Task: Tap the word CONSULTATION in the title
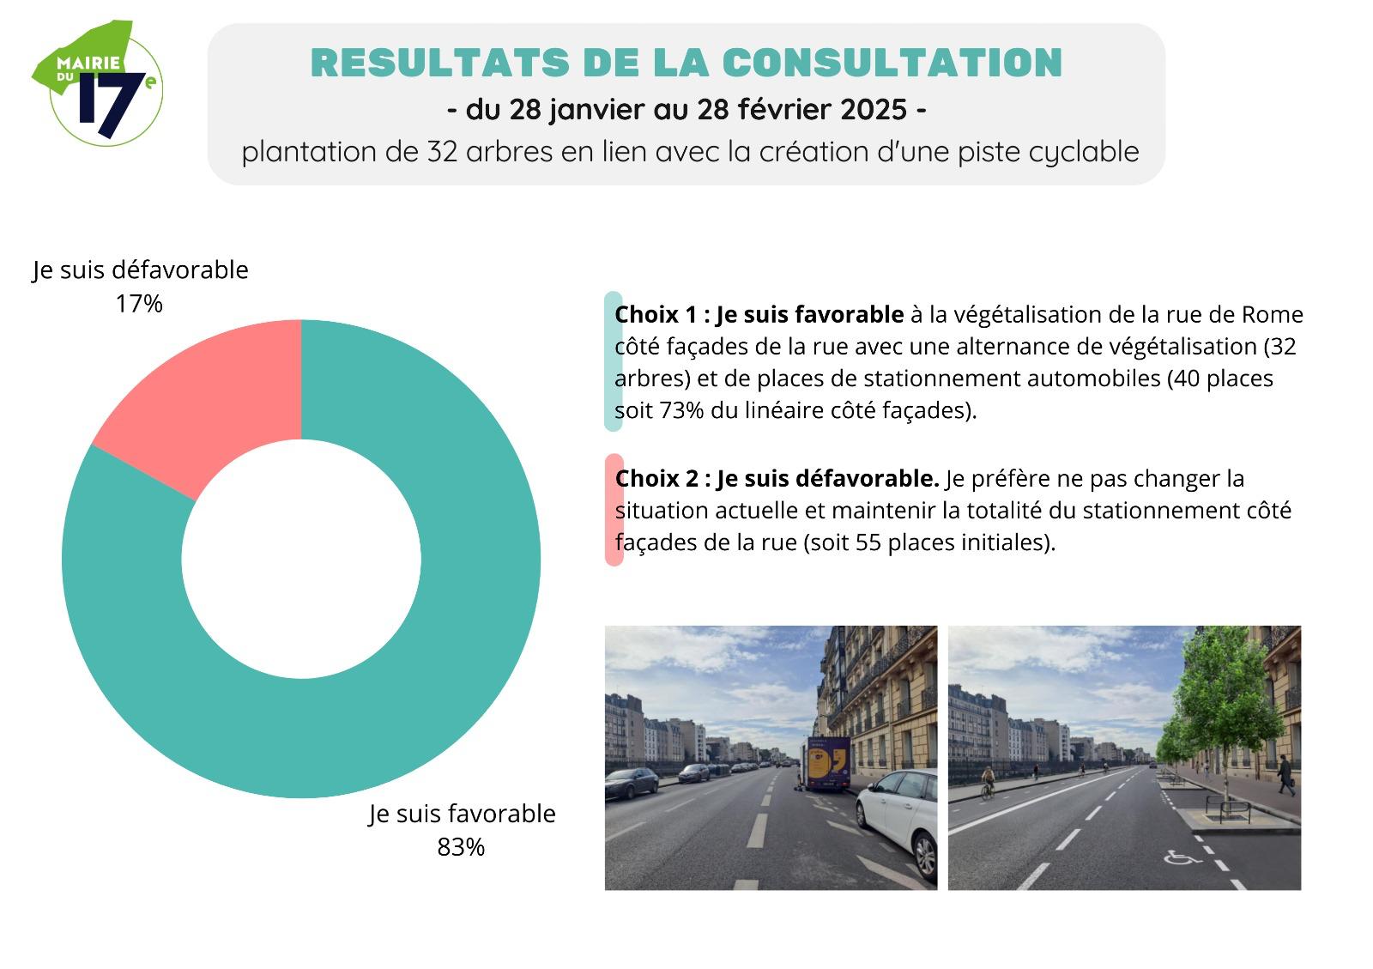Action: tap(892, 63)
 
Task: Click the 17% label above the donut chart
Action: tap(139, 304)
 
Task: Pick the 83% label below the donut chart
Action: tap(461, 847)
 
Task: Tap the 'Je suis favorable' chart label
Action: tap(463, 814)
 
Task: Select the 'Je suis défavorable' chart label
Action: tap(141, 270)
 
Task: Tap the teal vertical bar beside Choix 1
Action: tap(612, 361)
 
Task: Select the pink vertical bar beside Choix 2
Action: tap(614, 510)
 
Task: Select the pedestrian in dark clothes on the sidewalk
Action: tap(1285, 774)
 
